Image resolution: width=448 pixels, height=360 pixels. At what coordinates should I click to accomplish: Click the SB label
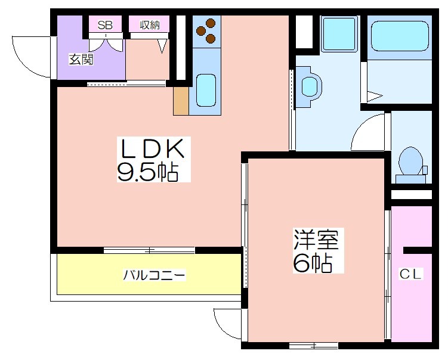(105, 25)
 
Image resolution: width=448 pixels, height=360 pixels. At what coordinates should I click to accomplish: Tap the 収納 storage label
(149, 25)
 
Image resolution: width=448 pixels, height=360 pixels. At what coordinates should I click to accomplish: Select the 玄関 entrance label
(81, 60)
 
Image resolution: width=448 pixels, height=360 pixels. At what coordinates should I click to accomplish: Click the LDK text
(153, 149)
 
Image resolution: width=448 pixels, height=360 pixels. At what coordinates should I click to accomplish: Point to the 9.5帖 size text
(148, 172)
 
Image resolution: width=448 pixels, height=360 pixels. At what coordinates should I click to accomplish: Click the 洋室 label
(316, 240)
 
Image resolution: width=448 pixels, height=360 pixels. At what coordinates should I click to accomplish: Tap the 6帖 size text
(313, 263)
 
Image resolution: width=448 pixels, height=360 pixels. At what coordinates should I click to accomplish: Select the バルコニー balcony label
(155, 275)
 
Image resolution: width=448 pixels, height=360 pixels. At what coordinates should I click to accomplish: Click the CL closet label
(410, 274)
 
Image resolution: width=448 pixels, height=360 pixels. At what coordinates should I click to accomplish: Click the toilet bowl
(410, 162)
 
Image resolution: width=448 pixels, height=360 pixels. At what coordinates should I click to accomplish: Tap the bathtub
(400, 36)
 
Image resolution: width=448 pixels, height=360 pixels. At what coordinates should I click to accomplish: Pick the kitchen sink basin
(206, 91)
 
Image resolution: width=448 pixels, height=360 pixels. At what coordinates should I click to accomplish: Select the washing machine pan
(339, 34)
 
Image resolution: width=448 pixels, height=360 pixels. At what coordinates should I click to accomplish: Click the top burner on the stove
(211, 22)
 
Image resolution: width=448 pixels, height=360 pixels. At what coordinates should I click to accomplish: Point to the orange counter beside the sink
(181, 101)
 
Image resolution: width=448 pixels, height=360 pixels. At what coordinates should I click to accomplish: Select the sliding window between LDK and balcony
(149, 250)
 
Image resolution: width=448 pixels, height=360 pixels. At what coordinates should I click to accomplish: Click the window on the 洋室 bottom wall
(313, 346)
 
